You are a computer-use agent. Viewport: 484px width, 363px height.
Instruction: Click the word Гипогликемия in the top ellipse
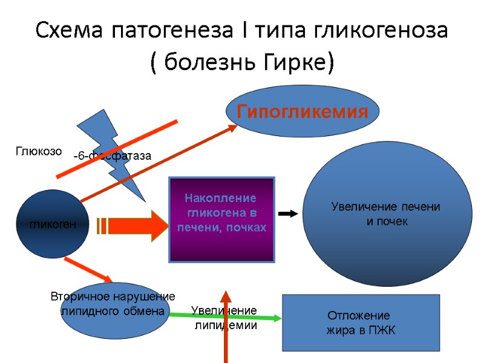(x=302, y=112)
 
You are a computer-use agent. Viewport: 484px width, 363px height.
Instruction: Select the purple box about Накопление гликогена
(x=221, y=219)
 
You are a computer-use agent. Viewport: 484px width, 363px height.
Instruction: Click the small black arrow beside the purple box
(x=289, y=214)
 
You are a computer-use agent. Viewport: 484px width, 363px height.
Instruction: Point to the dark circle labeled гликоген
(x=53, y=224)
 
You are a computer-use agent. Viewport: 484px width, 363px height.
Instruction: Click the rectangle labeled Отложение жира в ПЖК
(x=361, y=323)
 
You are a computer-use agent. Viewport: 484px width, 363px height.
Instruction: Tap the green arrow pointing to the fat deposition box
(x=224, y=315)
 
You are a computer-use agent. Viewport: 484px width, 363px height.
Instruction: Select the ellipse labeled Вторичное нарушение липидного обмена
(x=113, y=309)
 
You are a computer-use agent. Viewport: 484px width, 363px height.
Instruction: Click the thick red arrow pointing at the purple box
(x=139, y=225)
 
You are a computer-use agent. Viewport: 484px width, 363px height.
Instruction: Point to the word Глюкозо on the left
(x=39, y=152)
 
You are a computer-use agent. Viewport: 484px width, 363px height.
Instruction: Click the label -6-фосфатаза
(x=112, y=156)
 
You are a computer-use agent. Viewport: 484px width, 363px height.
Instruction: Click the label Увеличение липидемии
(x=224, y=318)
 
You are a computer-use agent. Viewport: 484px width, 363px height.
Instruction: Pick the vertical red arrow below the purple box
(x=226, y=327)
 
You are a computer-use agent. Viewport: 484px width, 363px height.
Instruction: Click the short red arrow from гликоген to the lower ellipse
(x=88, y=270)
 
